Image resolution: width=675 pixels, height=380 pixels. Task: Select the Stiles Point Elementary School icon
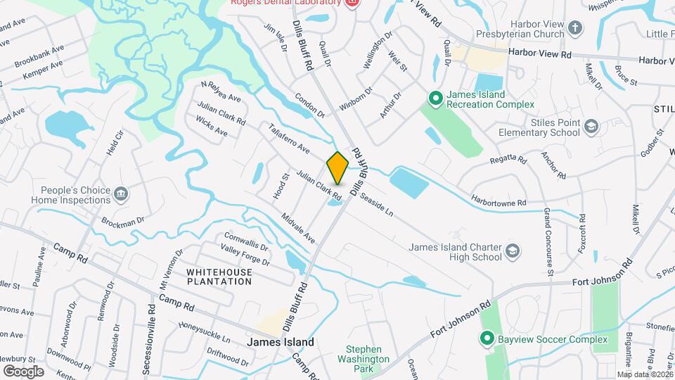click(x=591, y=126)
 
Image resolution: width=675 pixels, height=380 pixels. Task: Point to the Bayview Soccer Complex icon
click(x=486, y=339)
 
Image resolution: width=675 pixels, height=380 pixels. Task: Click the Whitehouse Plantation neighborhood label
click(x=219, y=276)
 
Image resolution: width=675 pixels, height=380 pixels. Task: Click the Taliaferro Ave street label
click(x=288, y=139)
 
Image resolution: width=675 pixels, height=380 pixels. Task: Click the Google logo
click(x=23, y=371)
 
